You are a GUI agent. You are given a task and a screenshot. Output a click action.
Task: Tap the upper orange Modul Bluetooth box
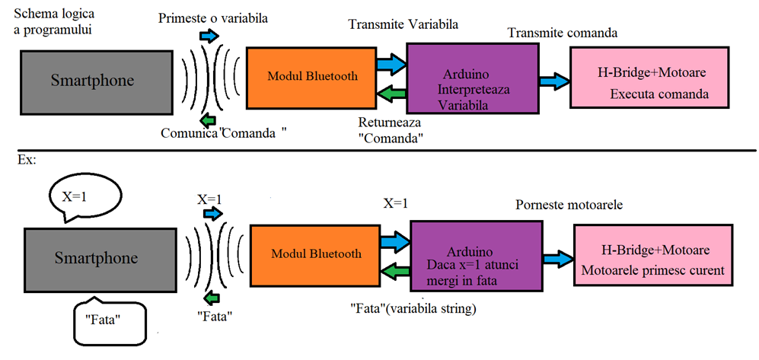click(312, 76)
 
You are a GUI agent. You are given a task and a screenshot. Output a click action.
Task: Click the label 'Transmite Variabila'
click(403, 24)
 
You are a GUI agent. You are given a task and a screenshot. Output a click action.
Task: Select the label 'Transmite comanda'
click(562, 33)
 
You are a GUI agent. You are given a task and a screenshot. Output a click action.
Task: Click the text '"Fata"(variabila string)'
click(412, 309)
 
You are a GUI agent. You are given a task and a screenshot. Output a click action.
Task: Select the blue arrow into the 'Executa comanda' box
click(554, 80)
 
